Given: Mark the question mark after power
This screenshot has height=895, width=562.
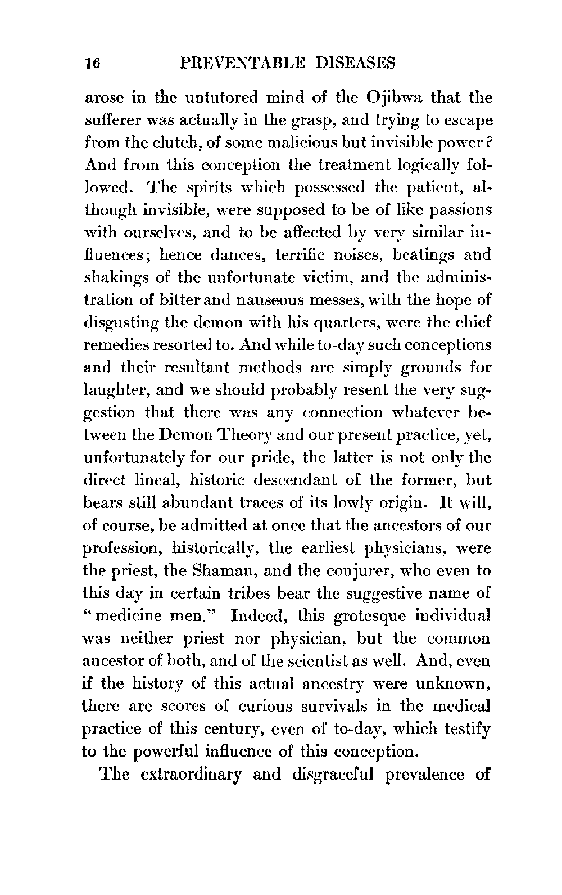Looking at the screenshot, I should pyautogui.click(x=491, y=142).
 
